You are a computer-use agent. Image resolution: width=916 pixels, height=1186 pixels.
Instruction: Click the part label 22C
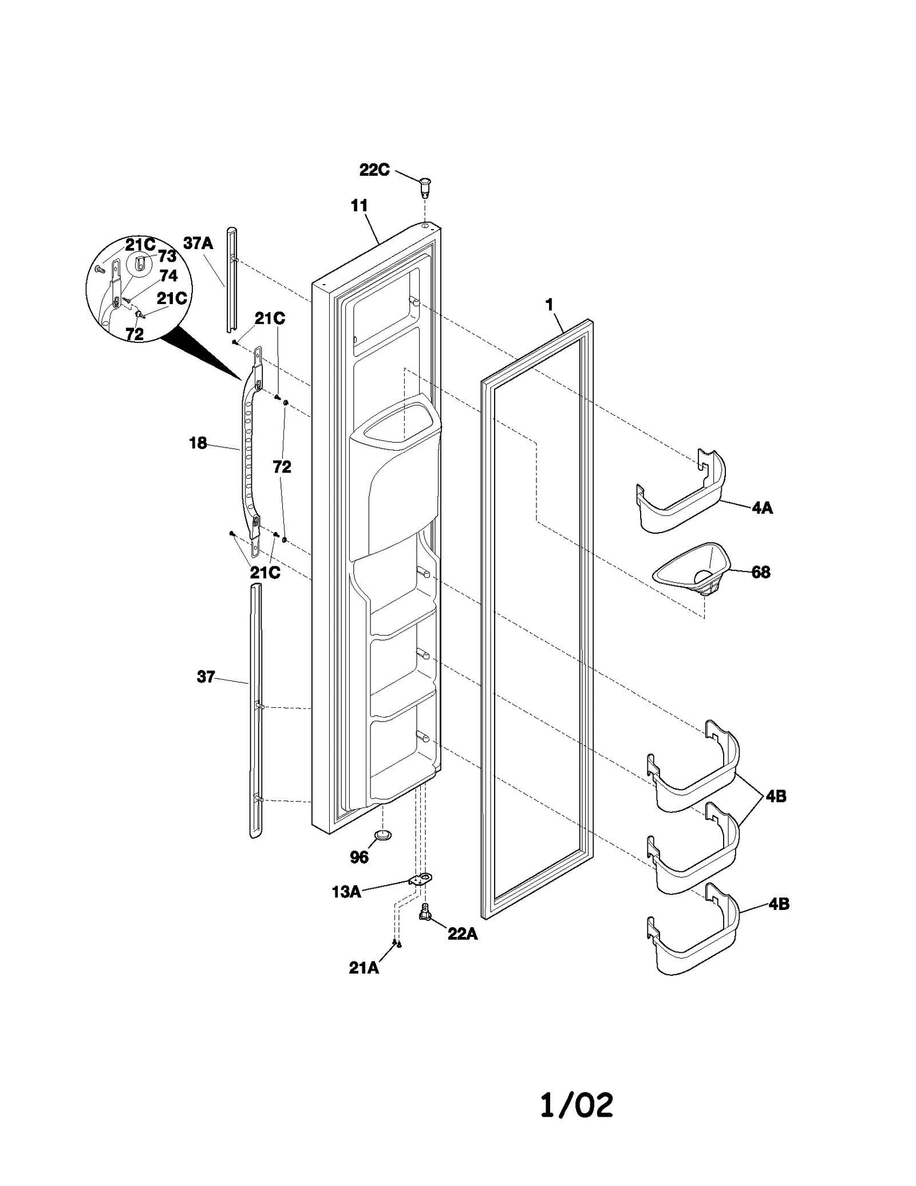click(374, 170)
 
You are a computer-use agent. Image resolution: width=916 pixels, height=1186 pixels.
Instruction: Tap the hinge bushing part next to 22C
click(424, 186)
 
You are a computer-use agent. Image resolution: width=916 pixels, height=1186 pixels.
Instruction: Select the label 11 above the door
click(359, 206)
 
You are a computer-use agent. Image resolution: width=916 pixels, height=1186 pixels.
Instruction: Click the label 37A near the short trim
click(198, 243)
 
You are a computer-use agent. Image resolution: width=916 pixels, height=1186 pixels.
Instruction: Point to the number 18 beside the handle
click(198, 443)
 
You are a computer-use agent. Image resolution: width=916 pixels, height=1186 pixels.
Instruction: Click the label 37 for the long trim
click(206, 677)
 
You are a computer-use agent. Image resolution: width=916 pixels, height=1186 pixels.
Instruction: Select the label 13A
click(346, 892)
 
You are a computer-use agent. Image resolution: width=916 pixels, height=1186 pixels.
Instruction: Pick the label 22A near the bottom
click(462, 934)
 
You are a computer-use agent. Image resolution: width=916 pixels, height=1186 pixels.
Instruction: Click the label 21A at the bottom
click(364, 968)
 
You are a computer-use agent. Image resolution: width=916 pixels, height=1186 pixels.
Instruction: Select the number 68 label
click(760, 572)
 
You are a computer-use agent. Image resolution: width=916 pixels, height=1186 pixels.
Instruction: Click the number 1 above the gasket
click(550, 305)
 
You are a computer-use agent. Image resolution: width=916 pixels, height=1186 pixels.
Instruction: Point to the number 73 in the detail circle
click(167, 257)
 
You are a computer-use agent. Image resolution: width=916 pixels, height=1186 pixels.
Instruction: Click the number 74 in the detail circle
click(168, 276)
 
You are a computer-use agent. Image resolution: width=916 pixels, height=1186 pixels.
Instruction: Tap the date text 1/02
click(577, 1105)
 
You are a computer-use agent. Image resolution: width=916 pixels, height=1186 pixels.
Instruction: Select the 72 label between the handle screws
click(282, 467)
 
